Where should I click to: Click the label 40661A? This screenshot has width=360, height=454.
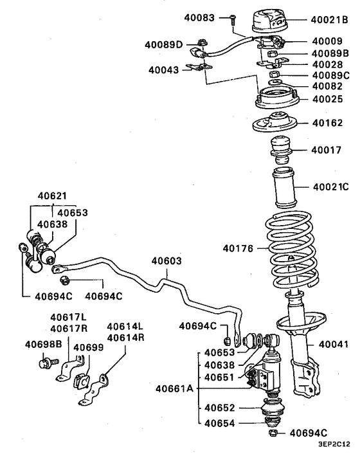click(x=174, y=388)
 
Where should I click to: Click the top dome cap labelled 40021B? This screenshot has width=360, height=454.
click(x=270, y=21)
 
